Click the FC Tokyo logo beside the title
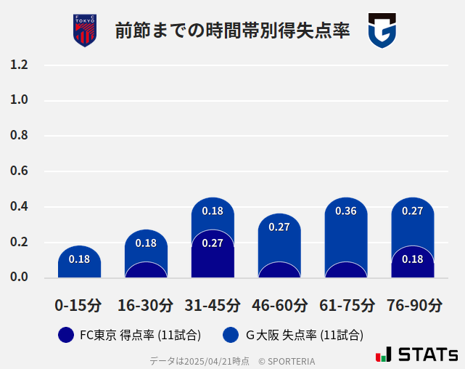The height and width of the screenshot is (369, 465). click(x=85, y=31)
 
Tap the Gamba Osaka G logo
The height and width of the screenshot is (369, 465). click(x=381, y=31)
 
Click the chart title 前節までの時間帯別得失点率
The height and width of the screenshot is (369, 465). click(x=232, y=31)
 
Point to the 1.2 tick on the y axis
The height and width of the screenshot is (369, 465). click(x=20, y=65)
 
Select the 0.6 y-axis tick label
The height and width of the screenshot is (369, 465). click(x=20, y=171)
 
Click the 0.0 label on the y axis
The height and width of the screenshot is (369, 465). click(x=20, y=277)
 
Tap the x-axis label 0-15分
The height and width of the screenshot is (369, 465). click(x=79, y=304)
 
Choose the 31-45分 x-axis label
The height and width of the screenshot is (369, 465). click(x=213, y=304)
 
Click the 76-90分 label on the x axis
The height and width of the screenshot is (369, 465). click(x=413, y=304)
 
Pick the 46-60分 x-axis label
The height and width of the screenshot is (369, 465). click(x=279, y=304)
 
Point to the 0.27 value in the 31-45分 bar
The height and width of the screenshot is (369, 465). click(x=213, y=243)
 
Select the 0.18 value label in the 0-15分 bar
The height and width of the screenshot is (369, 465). click(x=79, y=259)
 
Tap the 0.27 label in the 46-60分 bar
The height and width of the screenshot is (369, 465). click(x=279, y=227)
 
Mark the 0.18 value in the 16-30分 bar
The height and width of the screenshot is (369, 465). click(x=146, y=243)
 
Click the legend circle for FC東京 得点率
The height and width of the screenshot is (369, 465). click(x=65, y=335)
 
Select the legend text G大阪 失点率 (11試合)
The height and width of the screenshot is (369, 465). click(x=305, y=335)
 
